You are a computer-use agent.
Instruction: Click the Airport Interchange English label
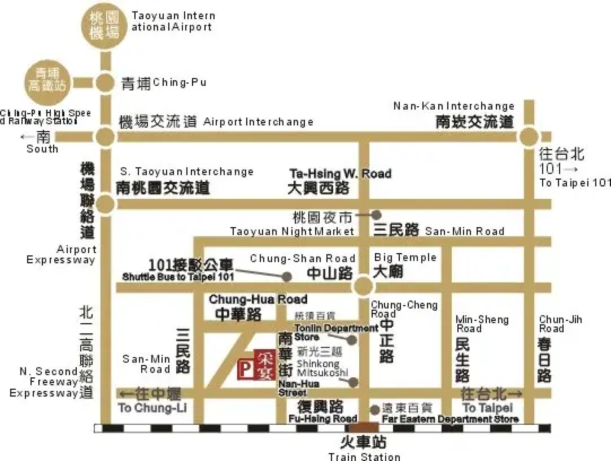point(258,122)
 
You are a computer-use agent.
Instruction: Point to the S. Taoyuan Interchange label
point(187,172)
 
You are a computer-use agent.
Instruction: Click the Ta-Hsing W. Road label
point(340,174)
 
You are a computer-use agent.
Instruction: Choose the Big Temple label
point(405,257)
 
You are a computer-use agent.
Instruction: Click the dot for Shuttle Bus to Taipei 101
point(287,277)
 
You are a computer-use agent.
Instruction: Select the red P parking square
point(245,369)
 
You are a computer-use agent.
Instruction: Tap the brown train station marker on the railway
point(364,427)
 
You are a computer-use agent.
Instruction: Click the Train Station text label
point(364,456)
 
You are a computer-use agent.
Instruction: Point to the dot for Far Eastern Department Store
point(375,410)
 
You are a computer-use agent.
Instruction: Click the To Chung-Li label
point(152,408)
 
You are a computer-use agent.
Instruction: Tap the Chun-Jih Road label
point(560,324)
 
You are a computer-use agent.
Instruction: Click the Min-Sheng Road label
point(482,324)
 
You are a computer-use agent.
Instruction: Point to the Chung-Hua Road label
point(258,299)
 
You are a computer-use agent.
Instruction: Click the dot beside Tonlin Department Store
point(352,340)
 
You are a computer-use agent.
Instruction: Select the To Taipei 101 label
point(575,183)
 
